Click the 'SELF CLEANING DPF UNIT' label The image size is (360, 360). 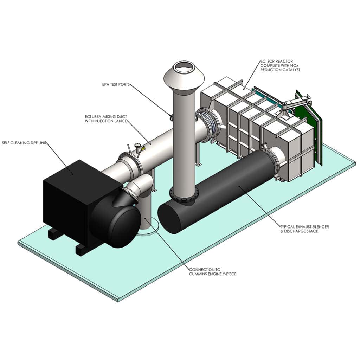point(24,143)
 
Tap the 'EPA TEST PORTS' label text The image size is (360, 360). point(114,84)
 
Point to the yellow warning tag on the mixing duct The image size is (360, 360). point(143,149)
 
